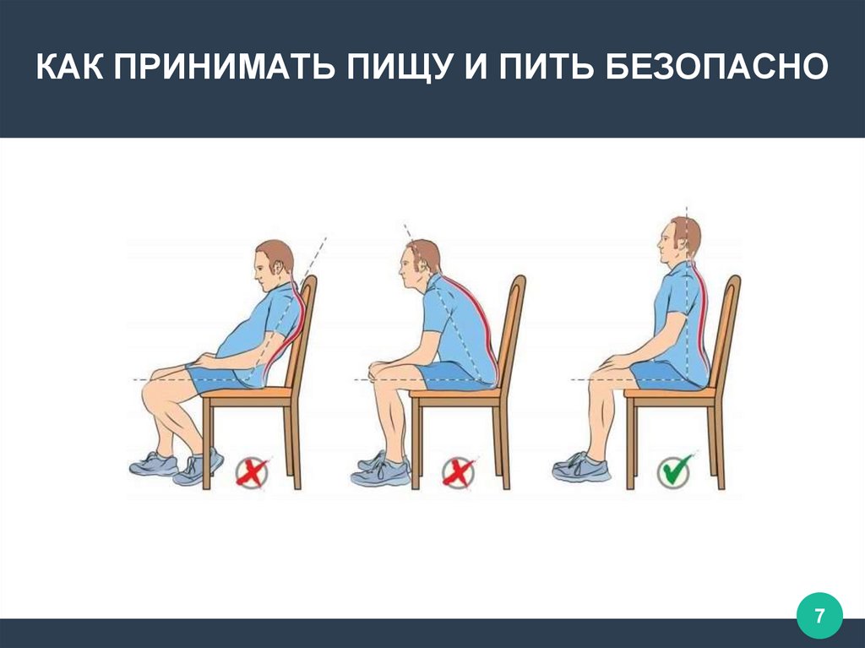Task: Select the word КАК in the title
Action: [69, 68]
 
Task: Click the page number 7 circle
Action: [819, 615]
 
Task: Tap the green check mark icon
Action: [676, 471]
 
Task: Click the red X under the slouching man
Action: [253, 472]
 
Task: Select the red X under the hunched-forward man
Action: [459, 472]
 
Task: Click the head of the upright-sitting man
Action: [679, 242]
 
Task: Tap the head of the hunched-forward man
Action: [420, 264]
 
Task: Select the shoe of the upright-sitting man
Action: [581, 467]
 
